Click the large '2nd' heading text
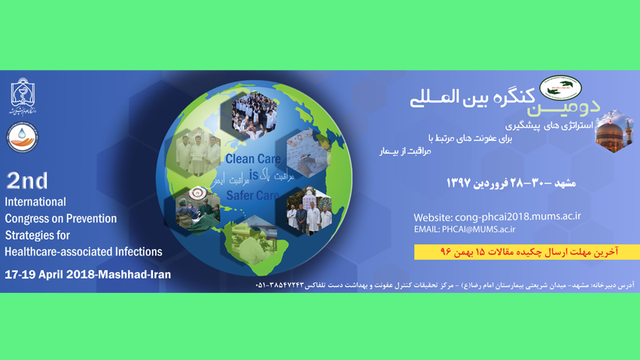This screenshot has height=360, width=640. pyautogui.click(x=27, y=181)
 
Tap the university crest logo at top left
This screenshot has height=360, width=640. pyautogui.click(x=22, y=96)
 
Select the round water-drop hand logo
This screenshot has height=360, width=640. pyautogui.click(x=22, y=136)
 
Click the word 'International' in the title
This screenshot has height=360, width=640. pyautogui.click(x=35, y=202)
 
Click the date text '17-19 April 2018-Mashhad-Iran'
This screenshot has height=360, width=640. pyautogui.click(x=87, y=275)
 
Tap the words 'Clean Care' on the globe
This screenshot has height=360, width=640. pyautogui.click(x=253, y=159)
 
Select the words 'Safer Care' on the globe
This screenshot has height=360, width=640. pyautogui.click(x=253, y=196)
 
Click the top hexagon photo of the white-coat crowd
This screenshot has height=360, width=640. pyautogui.click(x=254, y=114)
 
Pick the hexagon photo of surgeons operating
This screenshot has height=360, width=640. pyautogui.click(x=198, y=206)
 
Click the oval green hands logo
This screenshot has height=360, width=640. pyautogui.click(x=561, y=88)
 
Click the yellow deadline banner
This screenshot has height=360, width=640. pyautogui.click(x=526, y=252)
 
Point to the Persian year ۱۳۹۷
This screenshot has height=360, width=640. pyautogui.click(x=459, y=183)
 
